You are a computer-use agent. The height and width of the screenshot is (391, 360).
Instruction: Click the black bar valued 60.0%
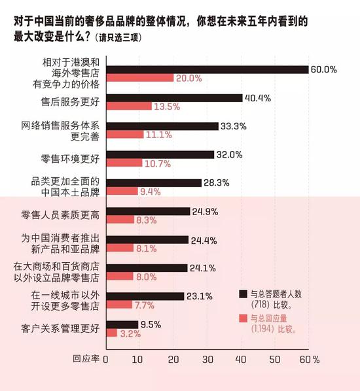click(206, 69)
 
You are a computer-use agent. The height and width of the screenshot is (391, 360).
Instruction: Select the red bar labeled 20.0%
click(139, 78)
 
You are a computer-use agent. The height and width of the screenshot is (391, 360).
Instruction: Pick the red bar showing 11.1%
click(124, 135)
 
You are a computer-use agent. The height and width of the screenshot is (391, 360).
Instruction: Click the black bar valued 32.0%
click(160, 155)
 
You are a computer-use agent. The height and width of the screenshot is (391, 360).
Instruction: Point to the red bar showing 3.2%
click(111, 333)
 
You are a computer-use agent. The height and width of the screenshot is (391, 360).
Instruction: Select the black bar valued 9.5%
click(122, 324)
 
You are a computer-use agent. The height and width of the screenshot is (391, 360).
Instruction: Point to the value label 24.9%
click(205, 211)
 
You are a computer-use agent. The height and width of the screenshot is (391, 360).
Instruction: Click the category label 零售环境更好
click(70, 158)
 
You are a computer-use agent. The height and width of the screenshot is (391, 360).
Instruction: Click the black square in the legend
click(243, 294)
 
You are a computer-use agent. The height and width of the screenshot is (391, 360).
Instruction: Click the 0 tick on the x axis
click(105, 359)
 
